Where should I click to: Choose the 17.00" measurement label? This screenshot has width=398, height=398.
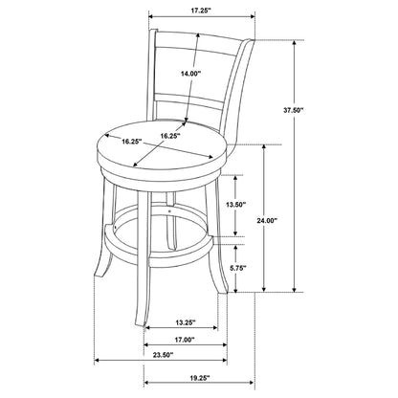tap(185, 340)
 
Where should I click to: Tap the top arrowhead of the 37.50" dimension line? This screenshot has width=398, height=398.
tap(295, 43)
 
